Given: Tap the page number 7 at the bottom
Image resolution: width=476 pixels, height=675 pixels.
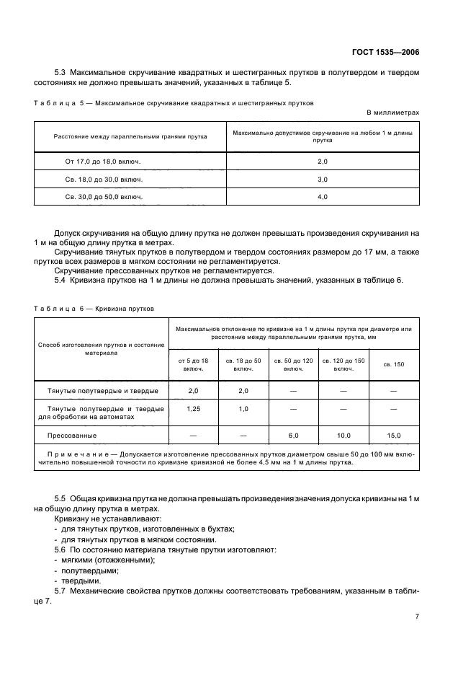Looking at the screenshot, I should click(x=417, y=617).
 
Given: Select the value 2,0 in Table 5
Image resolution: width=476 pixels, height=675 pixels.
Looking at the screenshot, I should click(x=322, y=162).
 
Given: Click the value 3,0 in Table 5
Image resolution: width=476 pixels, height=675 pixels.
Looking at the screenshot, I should click(x=322, y=179).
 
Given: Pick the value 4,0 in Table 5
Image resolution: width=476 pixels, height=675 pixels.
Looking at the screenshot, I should click(x=322, y=196).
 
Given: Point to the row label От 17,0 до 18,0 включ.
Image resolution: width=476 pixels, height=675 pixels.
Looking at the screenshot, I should click(x=103, y=162).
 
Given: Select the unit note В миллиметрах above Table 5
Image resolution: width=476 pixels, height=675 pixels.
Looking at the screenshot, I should click(x=392, y=113).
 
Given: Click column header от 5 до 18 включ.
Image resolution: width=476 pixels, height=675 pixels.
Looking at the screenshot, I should click(x=193, y=364).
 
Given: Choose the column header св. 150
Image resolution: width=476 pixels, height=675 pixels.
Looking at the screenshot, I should click(x=393, y=364).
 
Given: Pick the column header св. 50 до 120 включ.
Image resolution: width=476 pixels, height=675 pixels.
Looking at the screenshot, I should click(x=293, y=364).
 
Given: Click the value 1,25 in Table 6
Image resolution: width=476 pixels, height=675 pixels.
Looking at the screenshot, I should click(x=193, y=408).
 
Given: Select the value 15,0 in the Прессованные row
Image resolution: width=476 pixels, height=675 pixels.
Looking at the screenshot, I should click(x=393, y=436).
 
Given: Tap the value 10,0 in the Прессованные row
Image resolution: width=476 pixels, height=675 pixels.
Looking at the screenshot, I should click(x=343, y=436).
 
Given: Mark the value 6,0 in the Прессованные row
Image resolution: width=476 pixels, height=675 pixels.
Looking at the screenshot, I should click(x=293, y=436).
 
